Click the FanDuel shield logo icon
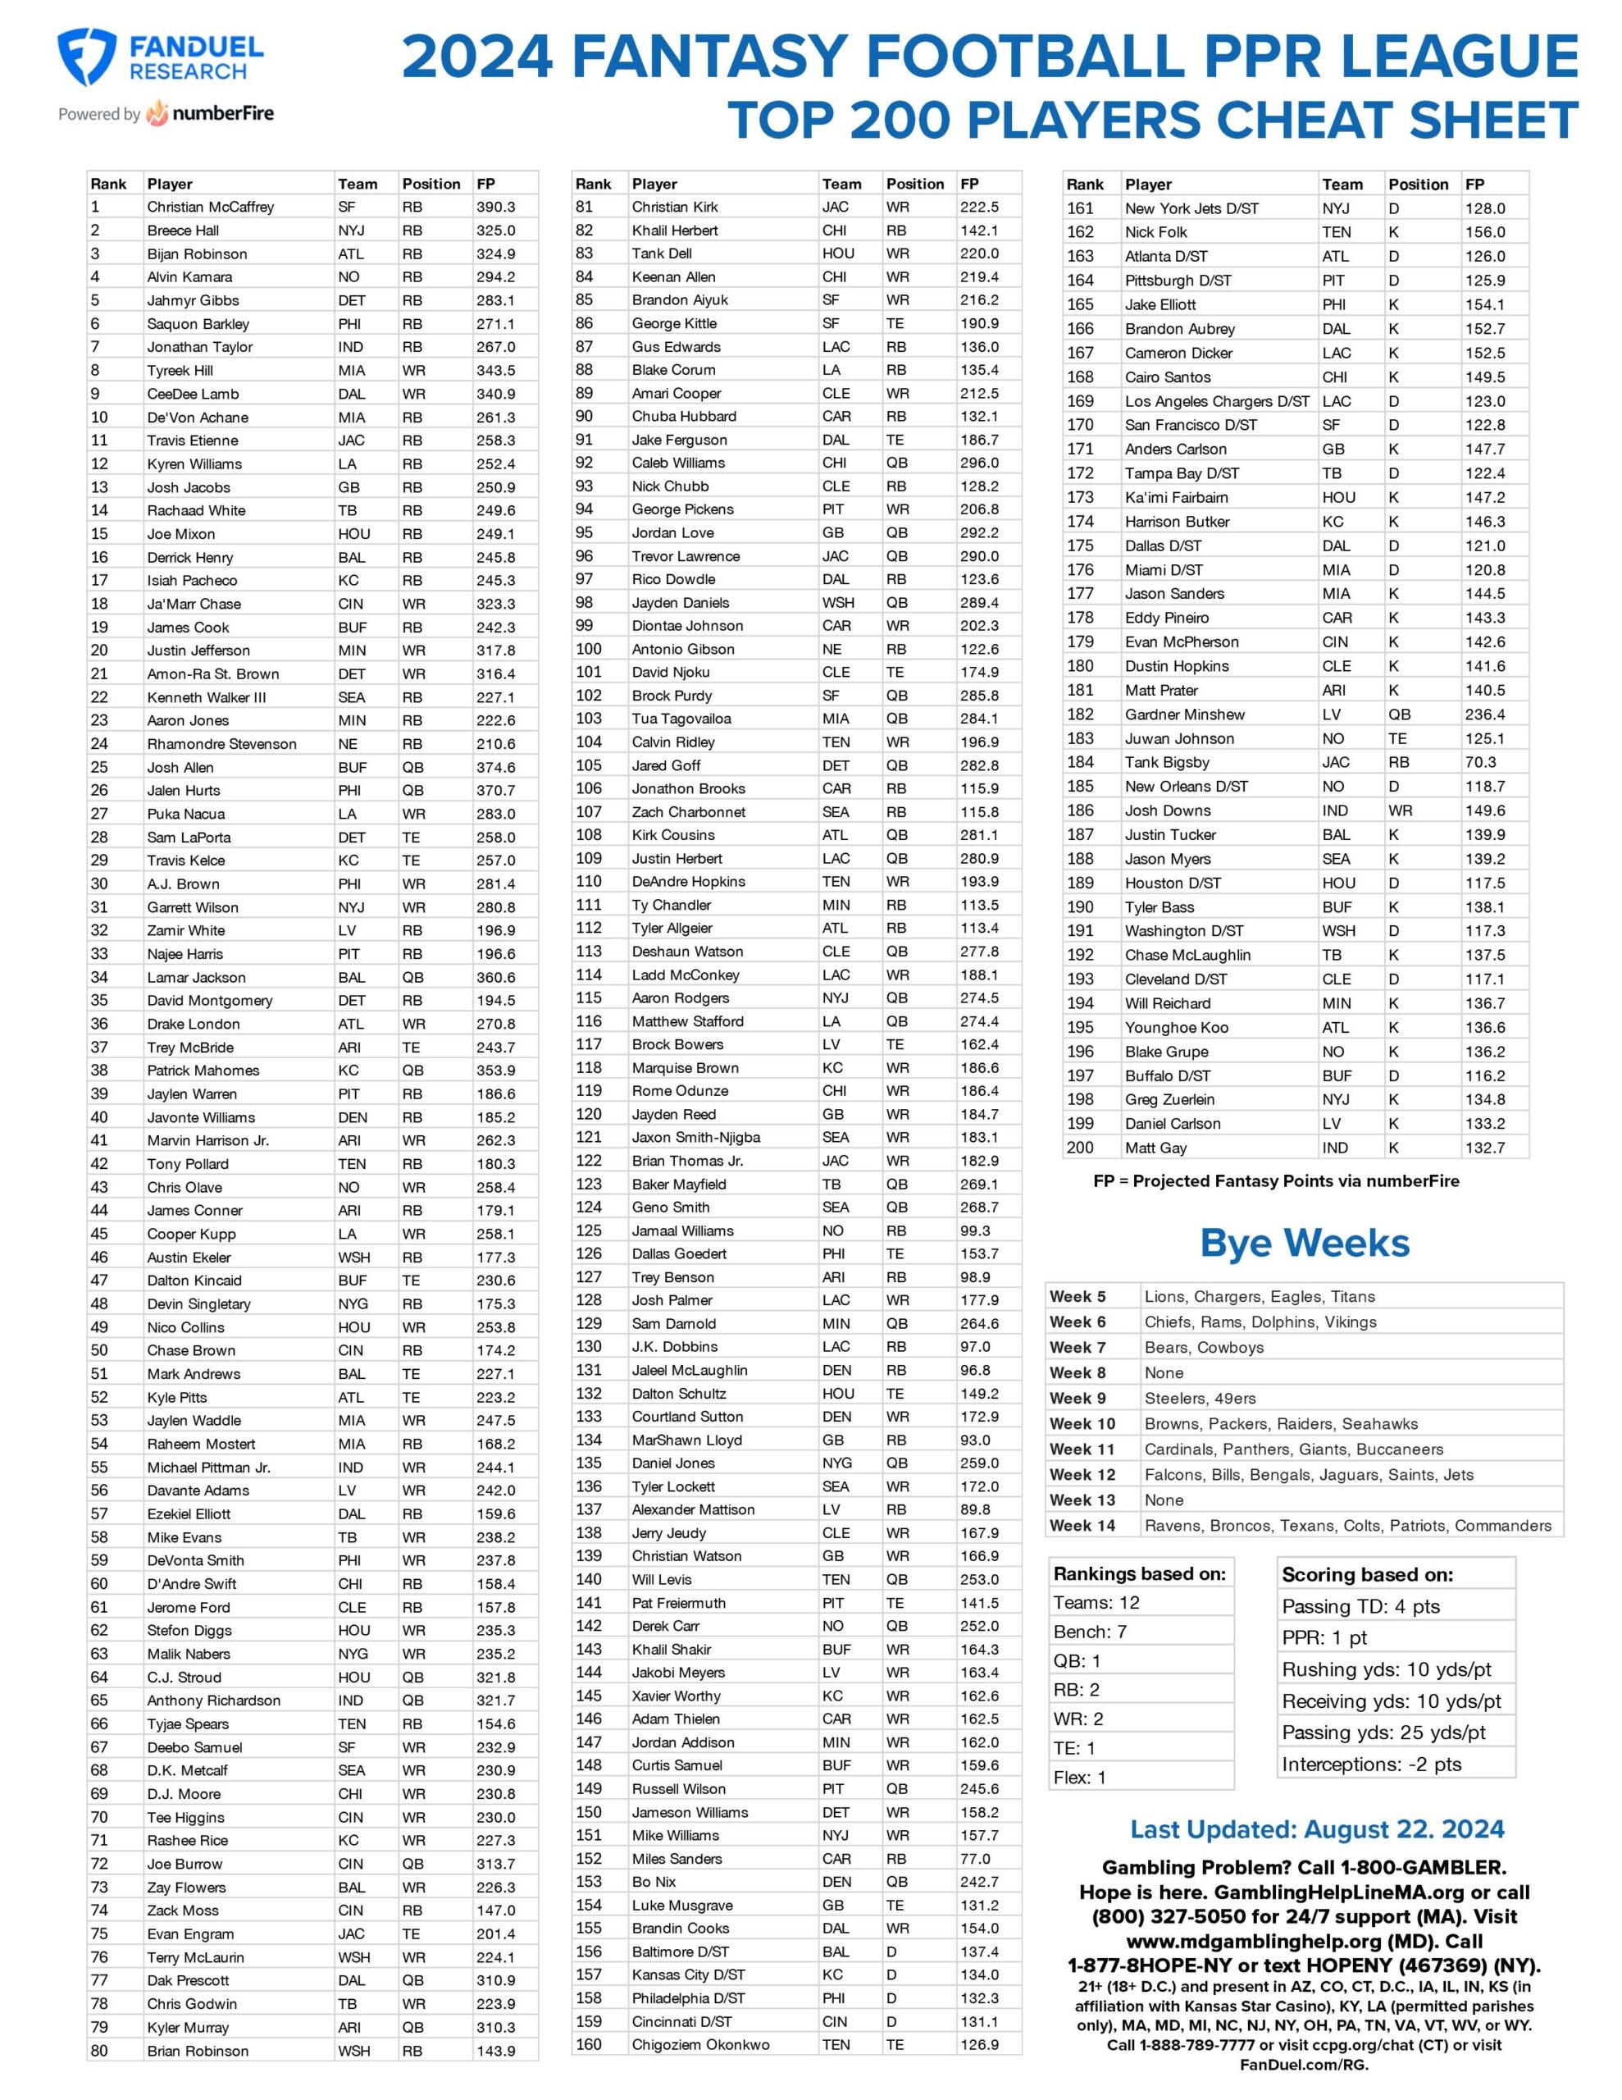tap(87, 57)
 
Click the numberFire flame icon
tap(157, 113)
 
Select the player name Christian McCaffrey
tap(210, 207)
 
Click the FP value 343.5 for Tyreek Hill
tap(495, 370)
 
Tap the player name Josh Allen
tap(180, 767)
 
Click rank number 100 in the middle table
tap(589, 649)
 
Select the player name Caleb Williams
tap(678, 463)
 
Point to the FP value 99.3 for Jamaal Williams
tap(974, 1230)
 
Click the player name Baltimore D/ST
tap(680, 1952)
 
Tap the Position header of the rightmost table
tap(1417, 185)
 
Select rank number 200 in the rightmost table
tap(1080, 1148)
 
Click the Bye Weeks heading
tap(1304, 1244)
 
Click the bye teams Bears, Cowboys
tap(1203, 1347)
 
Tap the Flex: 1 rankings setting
tap(1079, 1778)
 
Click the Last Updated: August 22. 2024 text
tap(1316, 1830)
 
